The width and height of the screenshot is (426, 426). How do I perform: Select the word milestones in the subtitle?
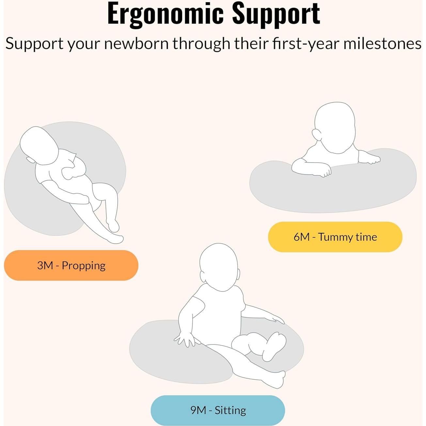382,43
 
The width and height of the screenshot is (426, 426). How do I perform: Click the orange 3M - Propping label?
71,265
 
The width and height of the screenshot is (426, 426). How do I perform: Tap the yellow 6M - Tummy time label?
335,237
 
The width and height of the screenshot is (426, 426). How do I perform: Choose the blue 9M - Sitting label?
218,410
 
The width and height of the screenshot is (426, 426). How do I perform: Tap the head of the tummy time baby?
335,128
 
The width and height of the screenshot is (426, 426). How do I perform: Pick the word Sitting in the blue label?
230,411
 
